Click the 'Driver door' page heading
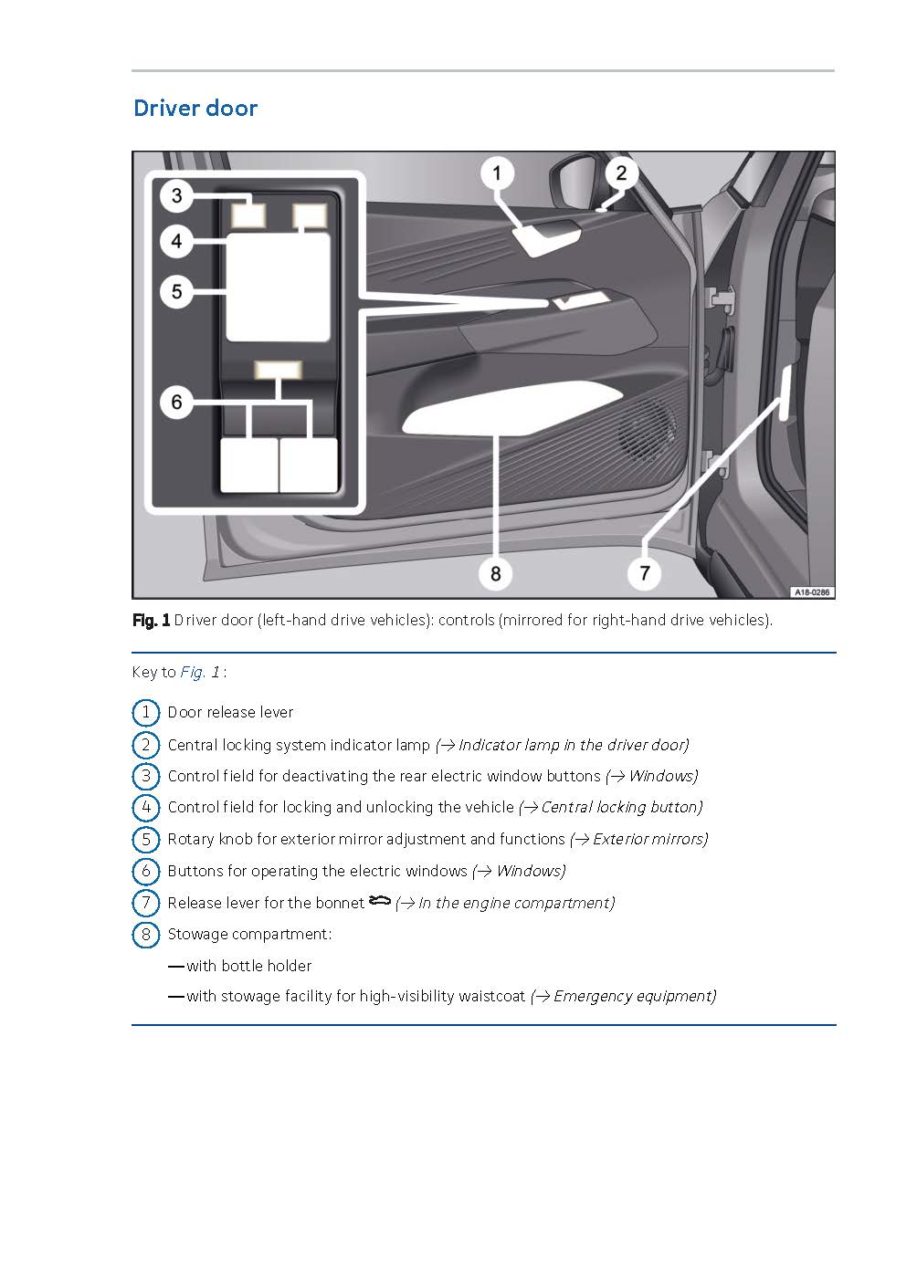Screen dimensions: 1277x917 coord(195,108)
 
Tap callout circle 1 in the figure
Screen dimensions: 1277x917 coord(497,173)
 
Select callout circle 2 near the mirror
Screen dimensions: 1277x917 coord(621,173)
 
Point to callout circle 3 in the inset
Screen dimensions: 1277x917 coord(176,194)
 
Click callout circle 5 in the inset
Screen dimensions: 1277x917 coord(176,291)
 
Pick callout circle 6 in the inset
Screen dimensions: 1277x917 coord(176,402)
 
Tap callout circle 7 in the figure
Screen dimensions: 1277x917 coord(645,572)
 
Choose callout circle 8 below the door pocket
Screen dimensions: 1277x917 coord(495,572)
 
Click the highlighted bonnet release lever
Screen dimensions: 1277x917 coord(785,391)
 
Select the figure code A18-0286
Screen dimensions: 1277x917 coord(810,591)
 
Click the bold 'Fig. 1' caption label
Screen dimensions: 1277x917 coord(151,621)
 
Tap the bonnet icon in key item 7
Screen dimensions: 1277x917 coord(379,902)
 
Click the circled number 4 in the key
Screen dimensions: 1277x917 coord(145,808)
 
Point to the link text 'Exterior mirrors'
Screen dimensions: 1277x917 coord(649,839)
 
